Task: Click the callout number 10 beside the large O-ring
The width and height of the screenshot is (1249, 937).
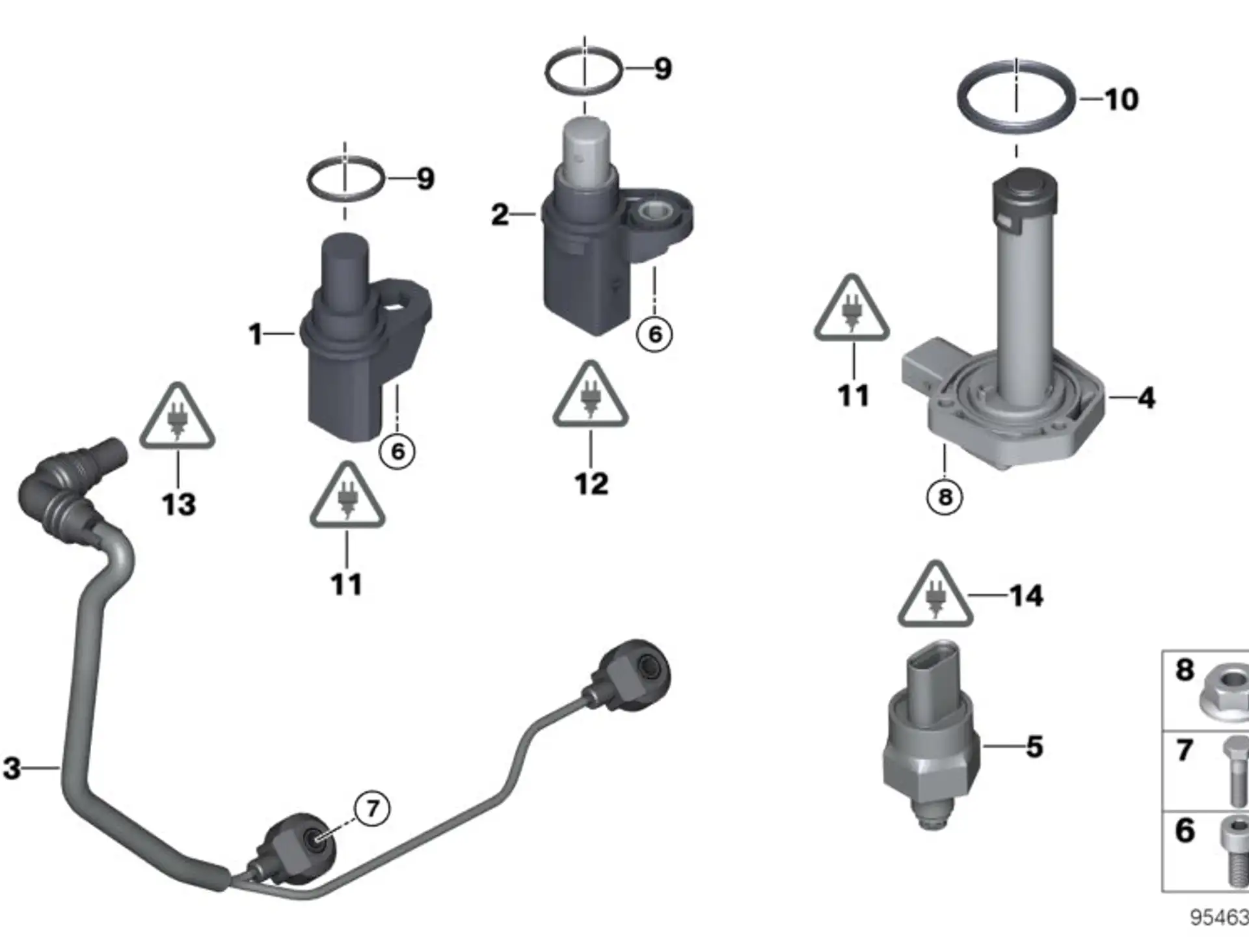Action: (x=1121, y=100)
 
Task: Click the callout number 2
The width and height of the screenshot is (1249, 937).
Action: (x=500, y=214)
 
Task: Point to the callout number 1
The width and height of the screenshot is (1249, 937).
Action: (x=255, y=334)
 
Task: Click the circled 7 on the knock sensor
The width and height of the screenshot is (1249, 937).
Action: (x=372, y=808)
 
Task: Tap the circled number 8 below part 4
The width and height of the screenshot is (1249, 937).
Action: (x=945, y=497)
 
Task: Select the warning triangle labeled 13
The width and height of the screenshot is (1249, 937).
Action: (x=177, y=416)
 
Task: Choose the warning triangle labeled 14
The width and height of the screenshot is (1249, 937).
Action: (x=935, y=594)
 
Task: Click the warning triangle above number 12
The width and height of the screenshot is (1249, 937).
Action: (x=590, y=394)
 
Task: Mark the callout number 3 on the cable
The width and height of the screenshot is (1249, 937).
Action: (x=12, y=768)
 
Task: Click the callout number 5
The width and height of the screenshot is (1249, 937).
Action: (x=1034, y=746)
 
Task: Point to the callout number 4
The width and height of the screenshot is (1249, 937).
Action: (x=1146, y=398)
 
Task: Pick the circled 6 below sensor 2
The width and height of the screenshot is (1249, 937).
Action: (x=654, y=334)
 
